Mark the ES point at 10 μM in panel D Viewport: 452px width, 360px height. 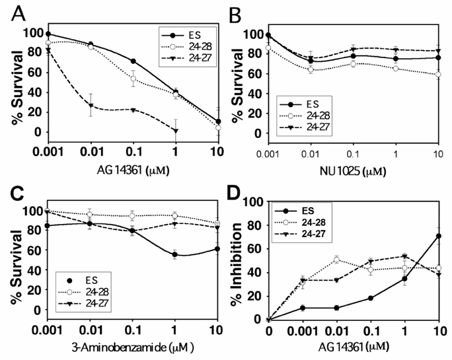point(439,236)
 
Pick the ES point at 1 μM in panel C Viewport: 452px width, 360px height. point(174,254)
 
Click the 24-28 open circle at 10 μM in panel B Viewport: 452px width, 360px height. point(439,74)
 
